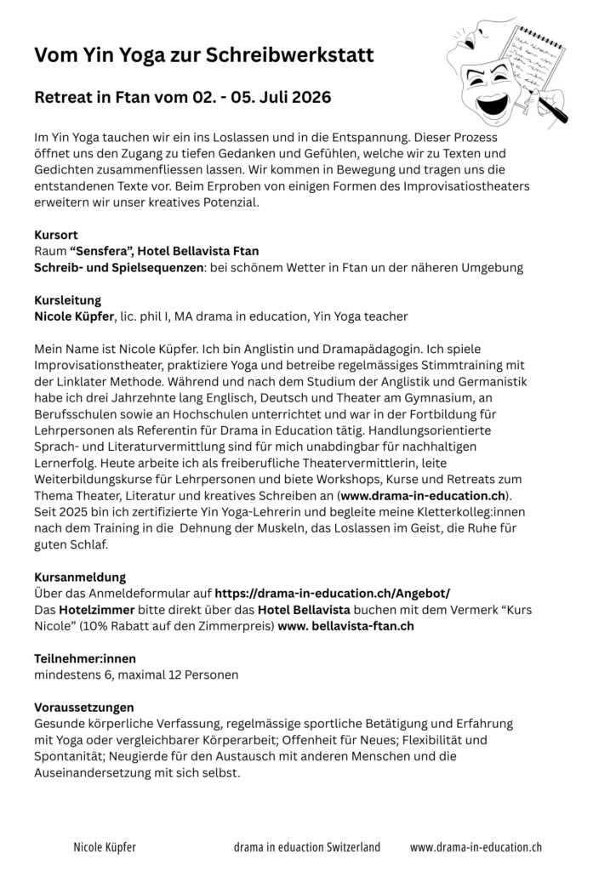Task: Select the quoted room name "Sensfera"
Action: point(100,251)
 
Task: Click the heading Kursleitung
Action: point(67,300)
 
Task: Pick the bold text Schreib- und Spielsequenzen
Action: point(119,267)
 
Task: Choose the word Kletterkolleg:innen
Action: point(465,511)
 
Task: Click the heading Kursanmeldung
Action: point(80,577)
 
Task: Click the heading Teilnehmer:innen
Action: point(85,658)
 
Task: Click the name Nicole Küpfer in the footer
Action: point(105,847)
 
